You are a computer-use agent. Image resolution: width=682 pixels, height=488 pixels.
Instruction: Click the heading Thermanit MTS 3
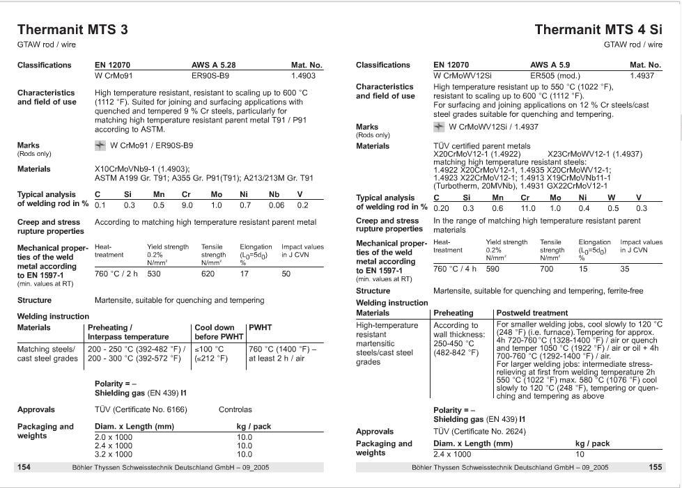click(x=72, y=29)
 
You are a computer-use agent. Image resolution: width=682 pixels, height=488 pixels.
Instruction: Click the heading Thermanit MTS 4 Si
click(x=598, y=29)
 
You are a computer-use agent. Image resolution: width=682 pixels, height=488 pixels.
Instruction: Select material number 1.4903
click(x=303, y=76)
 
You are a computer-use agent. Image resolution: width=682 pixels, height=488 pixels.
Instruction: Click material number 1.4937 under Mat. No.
click(x=642, y=75)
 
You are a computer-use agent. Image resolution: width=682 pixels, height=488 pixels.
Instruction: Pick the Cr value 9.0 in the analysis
click(x=187, y=205)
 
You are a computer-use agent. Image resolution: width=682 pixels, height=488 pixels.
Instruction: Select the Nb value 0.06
click(x=276, y=205)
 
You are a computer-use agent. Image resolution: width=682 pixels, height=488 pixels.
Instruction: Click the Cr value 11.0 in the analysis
click(x=528, y=208)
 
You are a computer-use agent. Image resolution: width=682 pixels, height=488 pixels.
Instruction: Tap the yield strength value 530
click(x=154, y=274)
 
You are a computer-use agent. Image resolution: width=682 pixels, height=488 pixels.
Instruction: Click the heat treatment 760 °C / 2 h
click(x=116, y=274)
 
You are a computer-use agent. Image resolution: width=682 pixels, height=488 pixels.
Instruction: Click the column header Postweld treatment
click(x=532, y=313)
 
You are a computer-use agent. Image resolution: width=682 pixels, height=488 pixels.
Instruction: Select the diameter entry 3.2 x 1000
click(x=113, y=454)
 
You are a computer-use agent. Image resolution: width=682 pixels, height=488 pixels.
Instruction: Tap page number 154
click(x=24, y=467)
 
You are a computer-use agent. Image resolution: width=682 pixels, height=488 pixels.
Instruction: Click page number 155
click(x=655, y=467)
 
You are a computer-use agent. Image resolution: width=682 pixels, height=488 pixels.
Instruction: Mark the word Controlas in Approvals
click(x=235, y=410)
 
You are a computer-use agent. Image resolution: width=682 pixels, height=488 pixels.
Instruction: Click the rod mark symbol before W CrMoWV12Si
click(x=438, y=127)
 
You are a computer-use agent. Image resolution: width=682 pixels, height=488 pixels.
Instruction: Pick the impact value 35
click(x=625, y=269)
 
